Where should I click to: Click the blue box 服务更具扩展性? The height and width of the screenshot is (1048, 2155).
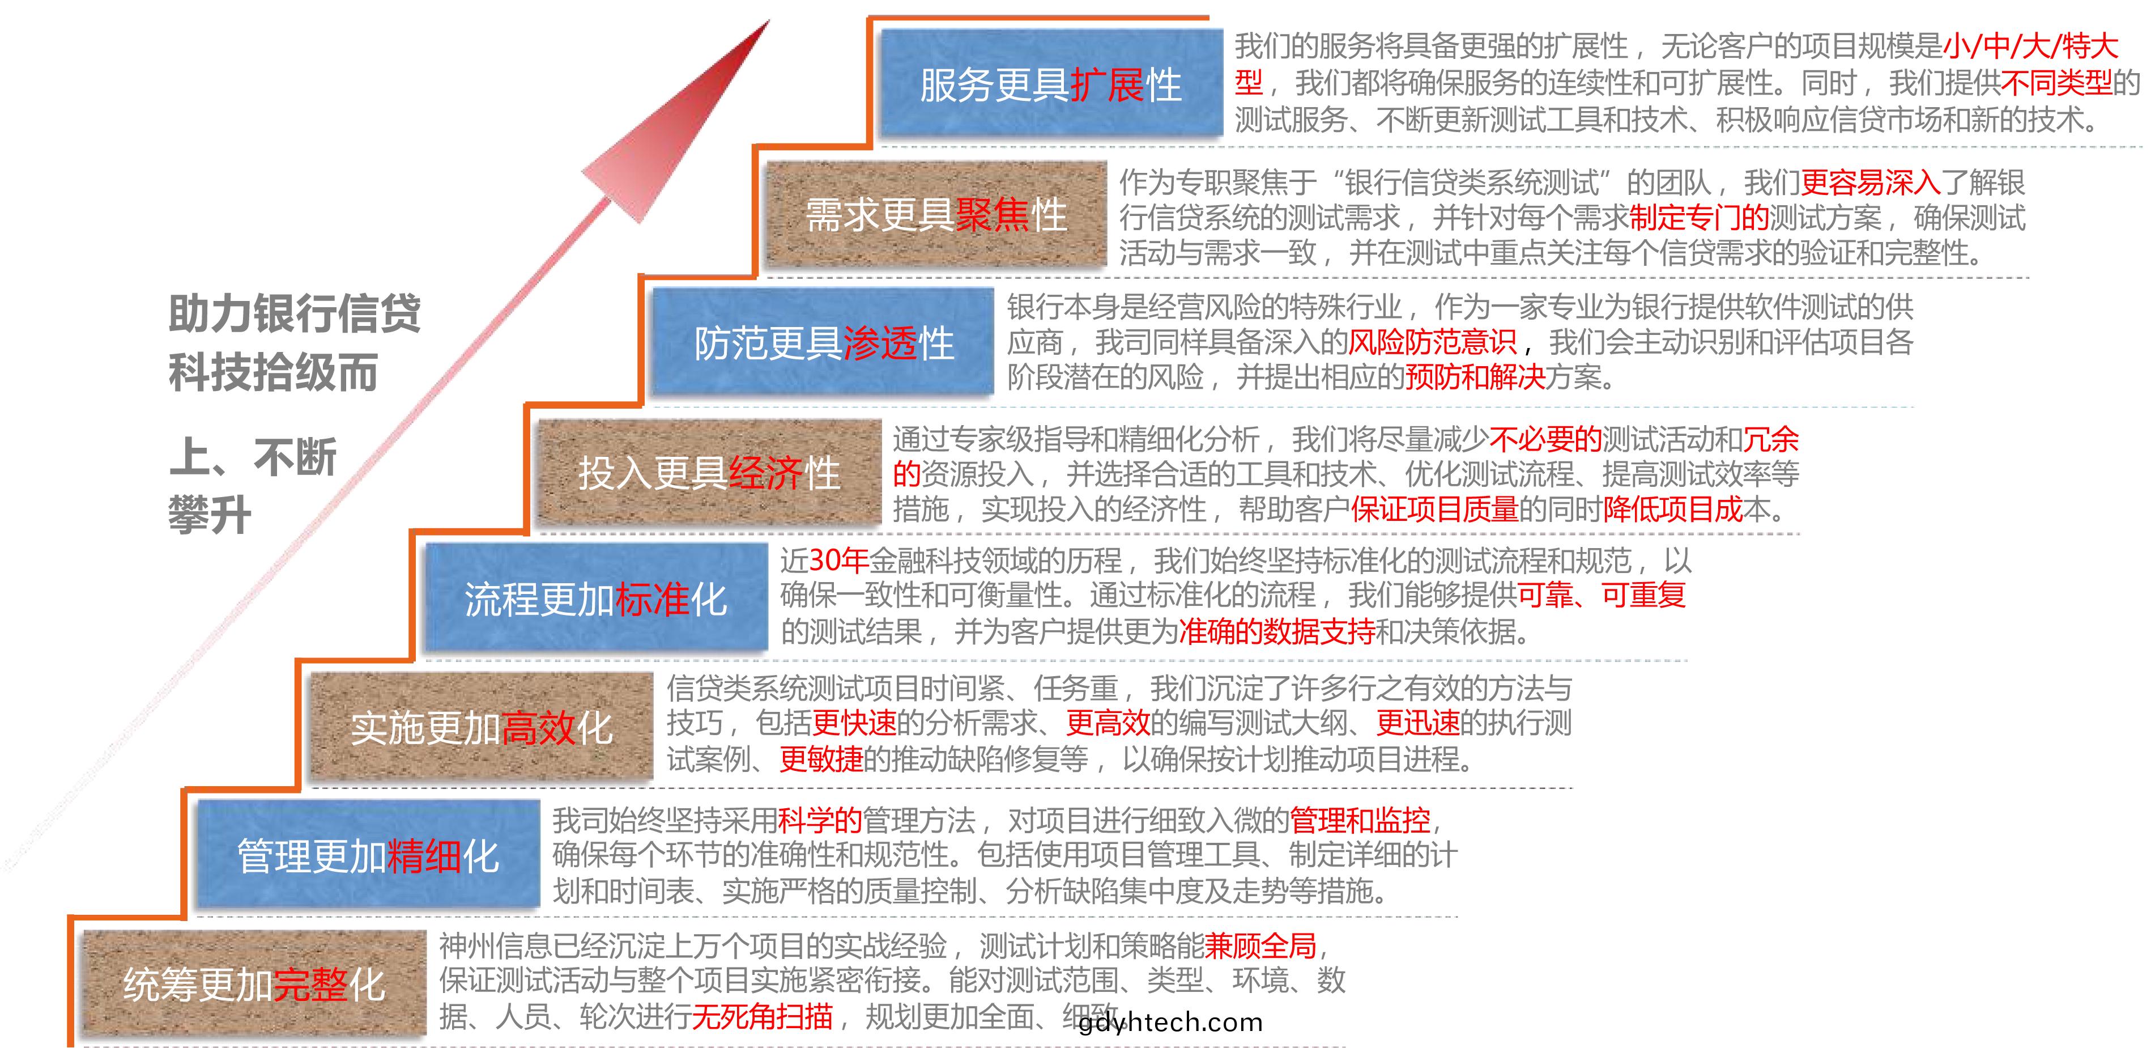[1051, 83]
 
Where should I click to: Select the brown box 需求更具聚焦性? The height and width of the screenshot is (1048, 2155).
[937, 214]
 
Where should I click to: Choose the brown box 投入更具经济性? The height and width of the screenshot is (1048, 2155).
[709, 472]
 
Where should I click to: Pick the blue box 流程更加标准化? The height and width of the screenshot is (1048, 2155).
[595, 597]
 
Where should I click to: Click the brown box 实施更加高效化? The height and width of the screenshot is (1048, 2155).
[482, 727]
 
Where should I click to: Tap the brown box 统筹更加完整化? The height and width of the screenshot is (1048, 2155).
[254, 983]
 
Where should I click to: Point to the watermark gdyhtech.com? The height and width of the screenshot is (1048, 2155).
[1170, 1022]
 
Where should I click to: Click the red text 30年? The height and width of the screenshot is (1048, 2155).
[839, 560]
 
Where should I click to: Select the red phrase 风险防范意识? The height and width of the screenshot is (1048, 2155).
[1432, 342]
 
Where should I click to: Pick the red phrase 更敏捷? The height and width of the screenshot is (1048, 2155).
[821, 758]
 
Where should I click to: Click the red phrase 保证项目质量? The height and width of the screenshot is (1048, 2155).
[1435, 508]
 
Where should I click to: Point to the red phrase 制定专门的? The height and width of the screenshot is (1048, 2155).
[1699, 217]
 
